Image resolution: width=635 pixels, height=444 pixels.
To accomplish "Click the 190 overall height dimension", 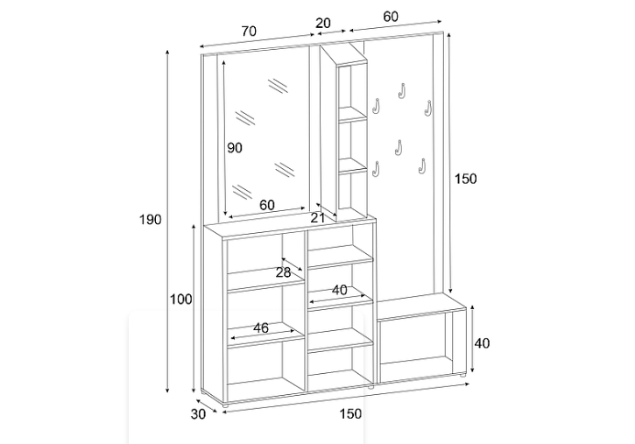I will click(151, 219).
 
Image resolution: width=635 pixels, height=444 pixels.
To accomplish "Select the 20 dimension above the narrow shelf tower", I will click(323, 23).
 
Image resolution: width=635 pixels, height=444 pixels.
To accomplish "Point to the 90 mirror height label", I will click(235, 148).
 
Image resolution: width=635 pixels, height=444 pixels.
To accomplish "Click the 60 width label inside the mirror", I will click(267, 205).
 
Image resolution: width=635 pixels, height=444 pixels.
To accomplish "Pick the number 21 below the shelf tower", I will click(318, 217).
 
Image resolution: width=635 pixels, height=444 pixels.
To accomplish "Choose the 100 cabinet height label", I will click(181, 300).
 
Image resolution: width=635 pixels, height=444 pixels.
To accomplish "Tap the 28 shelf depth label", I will click(283, 272).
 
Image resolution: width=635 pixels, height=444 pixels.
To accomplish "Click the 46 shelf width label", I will click(261, 328).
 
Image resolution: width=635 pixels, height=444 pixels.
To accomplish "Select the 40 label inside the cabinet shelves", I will click(339, 290).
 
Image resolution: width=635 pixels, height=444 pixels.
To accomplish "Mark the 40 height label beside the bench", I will click(482, 343).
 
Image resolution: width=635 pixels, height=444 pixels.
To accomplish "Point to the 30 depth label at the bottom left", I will click(198, 414).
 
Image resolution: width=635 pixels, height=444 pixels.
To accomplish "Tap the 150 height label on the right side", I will click(466, 179).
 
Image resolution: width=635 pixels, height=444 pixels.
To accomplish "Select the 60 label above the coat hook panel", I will click(391, 17).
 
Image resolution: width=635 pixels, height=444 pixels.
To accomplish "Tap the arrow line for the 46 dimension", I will click(261, 336).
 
